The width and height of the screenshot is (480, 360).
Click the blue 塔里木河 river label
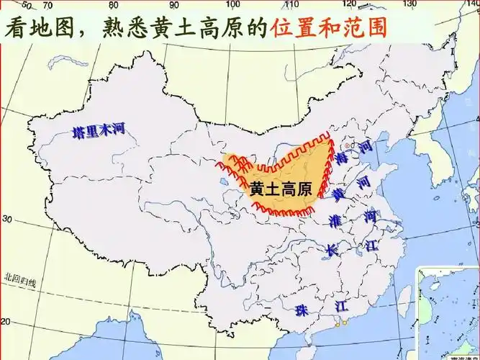point(99,131)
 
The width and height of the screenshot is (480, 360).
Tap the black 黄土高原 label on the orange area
point(281,189)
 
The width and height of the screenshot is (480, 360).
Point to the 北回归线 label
point(20,277)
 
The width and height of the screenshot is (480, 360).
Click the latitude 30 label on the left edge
point(9,218)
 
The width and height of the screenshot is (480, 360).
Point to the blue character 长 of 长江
point(332,250)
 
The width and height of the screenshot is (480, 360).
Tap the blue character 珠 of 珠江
point(302,309)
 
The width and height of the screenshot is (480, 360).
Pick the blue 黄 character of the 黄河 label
point(338,194)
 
